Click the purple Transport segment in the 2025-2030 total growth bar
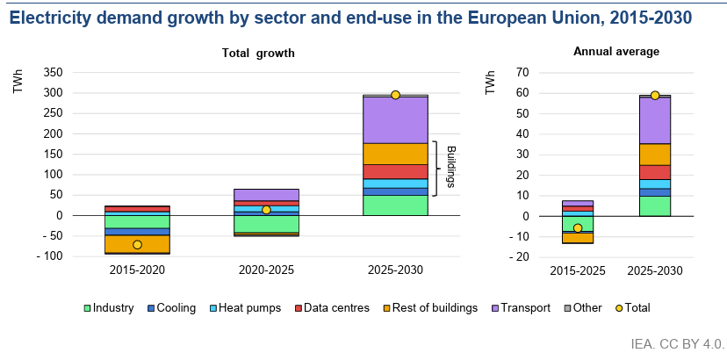[x=395, y=119]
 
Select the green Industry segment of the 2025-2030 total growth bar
[x=395, y=205]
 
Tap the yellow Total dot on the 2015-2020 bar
[x=137, y=245]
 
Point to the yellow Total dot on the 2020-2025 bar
[x=266, y=210]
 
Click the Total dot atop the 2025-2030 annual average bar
[x=655, y=95]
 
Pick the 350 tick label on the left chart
[x=53, y=72]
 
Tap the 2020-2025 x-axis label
[x=266, y=270]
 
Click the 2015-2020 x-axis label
[x=137, y=270]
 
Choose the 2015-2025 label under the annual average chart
[x=577, y=270]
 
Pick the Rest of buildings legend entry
[x=433, y=308]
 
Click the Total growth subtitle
[x=257, y=54]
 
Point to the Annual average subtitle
[x=616, y=52]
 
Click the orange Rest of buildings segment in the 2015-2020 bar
[x=137, y=244]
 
